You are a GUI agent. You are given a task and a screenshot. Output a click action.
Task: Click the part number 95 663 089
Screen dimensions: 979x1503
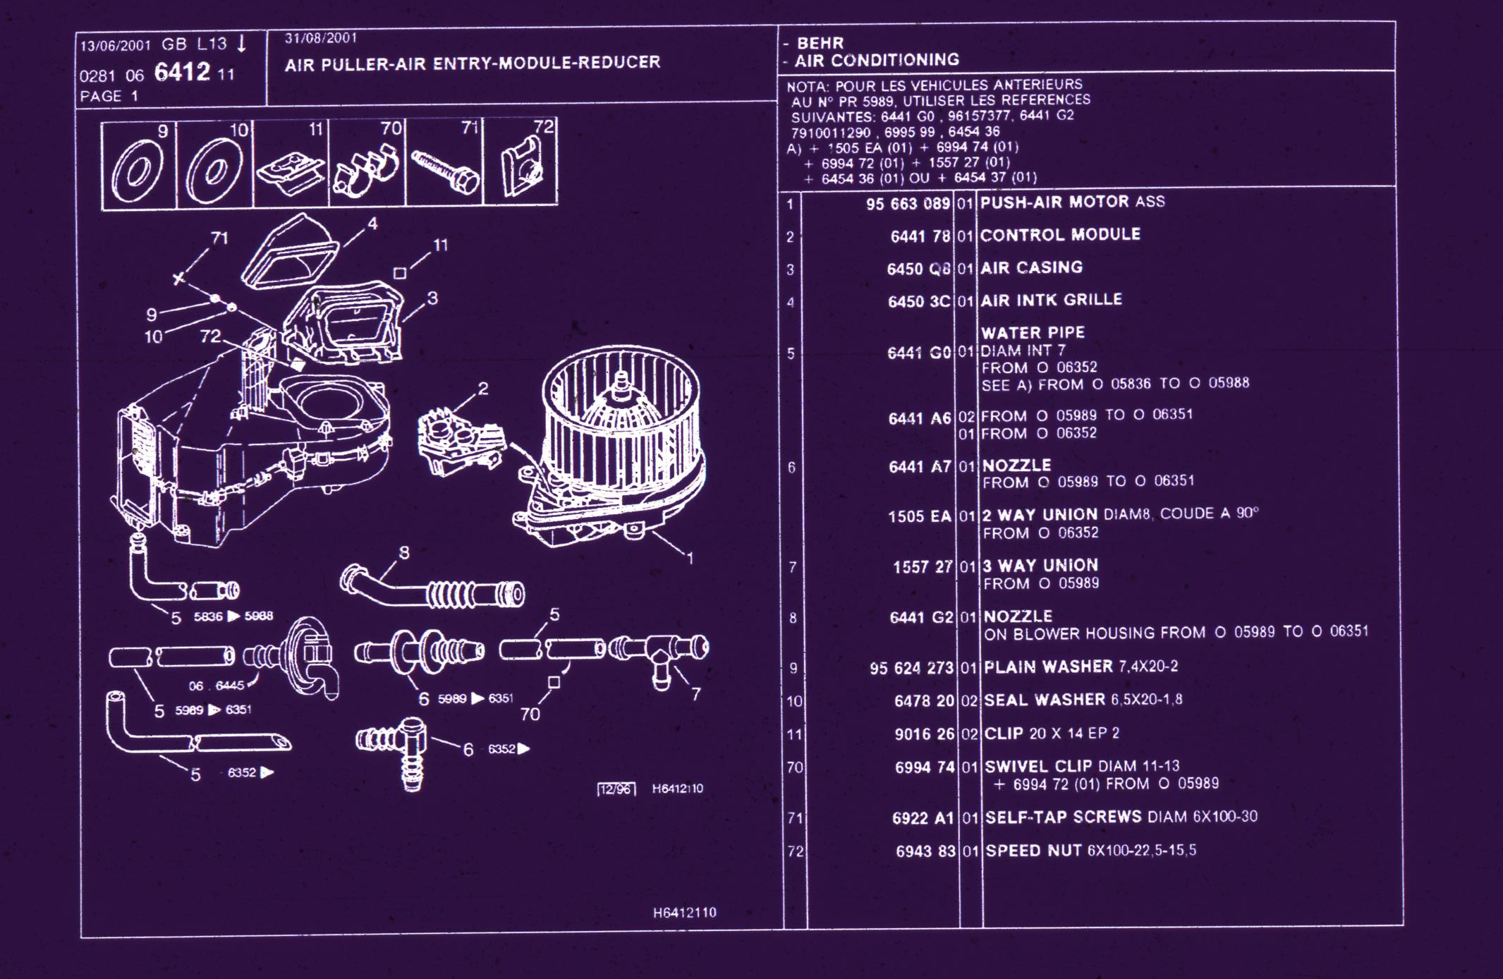pyautogui.click(x=908, y=204)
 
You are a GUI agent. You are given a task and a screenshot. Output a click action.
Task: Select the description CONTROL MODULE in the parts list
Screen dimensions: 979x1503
pyautogui.click(x=1059, y=235)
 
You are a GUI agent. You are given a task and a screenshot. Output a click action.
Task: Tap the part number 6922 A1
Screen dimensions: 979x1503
pyautogui.click(x=923, y=818)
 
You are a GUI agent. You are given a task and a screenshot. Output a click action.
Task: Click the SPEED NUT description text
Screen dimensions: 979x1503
pyautogui.click(x=1033, y=851)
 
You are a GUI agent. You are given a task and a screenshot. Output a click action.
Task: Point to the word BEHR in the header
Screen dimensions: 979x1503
pyautogui.click(x=820, y=43)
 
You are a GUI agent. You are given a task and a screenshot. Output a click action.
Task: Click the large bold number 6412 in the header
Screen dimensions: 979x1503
pyautogui.click(x=182, y=72)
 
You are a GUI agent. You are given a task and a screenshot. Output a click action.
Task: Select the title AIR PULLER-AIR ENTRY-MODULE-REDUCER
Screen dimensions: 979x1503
pyautogui.click(x=473, y=63)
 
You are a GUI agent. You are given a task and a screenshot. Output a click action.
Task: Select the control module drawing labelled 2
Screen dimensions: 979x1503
pyautogui.click(x=458, y=441)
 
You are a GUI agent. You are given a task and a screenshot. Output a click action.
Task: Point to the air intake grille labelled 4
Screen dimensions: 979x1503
pyautogui.click(x=289, y=253)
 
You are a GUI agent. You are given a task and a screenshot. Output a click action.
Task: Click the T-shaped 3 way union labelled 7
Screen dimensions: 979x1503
pyautogui.click(x=659, y=652)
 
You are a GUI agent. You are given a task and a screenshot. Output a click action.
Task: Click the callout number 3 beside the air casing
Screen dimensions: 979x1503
pyautogui.click(x=432, y=298)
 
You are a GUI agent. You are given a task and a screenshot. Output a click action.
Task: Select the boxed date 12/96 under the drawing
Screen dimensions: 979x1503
pyautogui.click(x=616, y=789)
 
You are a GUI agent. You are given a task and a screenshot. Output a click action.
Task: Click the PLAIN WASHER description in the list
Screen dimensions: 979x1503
pyautogui.click(x=1047, y=667)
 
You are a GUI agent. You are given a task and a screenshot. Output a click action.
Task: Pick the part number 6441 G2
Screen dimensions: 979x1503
pyautogui.click(x=921, y=618)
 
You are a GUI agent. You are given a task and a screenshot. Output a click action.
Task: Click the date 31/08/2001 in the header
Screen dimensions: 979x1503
pyautogui.click(x=321, y=38)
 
